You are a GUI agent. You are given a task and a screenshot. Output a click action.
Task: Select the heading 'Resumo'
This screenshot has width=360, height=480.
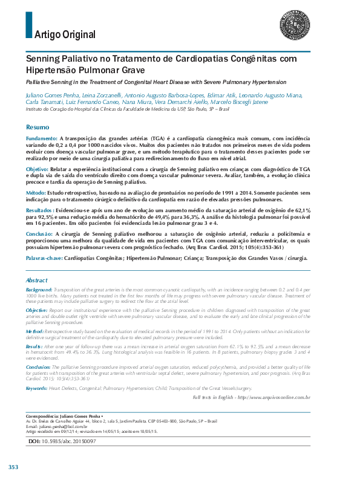coord(38,128)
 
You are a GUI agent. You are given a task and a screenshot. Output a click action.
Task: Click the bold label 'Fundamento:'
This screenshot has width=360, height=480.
coord(42,138)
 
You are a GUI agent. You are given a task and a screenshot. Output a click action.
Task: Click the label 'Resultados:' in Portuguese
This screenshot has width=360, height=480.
coord(39,210)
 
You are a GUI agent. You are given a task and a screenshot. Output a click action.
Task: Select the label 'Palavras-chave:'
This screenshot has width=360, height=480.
coord(44,258)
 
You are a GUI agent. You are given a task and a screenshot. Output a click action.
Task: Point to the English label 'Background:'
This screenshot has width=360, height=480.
coord(39,290)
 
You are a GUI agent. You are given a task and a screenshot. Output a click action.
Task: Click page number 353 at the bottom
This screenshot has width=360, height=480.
coord(13,467)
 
